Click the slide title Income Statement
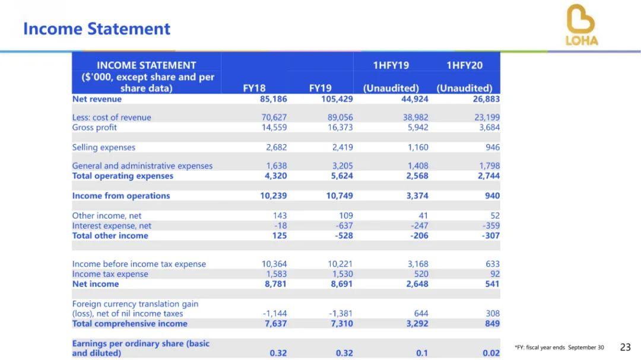click(x=97, y=29)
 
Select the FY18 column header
click(x=254, y=88)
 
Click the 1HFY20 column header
click(x=464, y=65)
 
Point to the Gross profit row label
click(x=94, y=128)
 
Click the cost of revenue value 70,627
click(x=274, y=117)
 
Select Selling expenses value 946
click(x=493, y=147)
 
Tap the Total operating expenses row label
click(x=122, y=176)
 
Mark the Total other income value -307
click(x=491, y=235)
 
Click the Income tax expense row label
click(x=110, y=274)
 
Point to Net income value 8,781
click(x=274, y=284)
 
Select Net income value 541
click(x=493, y=284)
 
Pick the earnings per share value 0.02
click(x=491, y=353)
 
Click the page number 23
click(x=625, y=347)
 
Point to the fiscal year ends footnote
click(x=559, y=348)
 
